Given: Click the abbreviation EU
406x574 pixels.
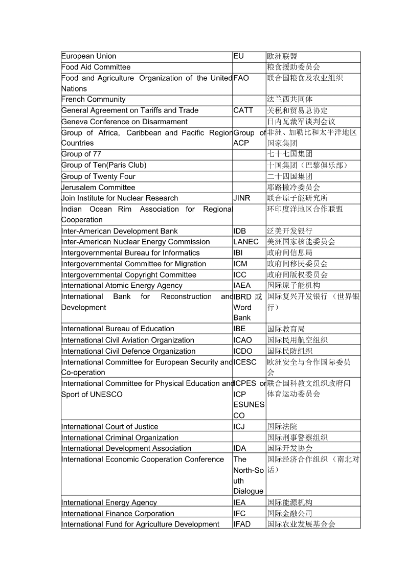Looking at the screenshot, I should tap(239, 56).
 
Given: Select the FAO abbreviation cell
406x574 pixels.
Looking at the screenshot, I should tap(241, 78).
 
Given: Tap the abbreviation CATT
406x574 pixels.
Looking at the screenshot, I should tap(243, 110).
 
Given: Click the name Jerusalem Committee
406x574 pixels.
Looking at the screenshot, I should tap(98, 188).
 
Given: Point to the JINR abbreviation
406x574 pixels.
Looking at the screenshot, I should tap(242, 198).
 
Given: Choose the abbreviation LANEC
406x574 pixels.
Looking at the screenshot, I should tap(246, 242).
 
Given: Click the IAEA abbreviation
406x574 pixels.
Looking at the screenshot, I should tap(242, 286).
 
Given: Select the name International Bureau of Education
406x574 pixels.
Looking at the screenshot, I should tap(118, 329).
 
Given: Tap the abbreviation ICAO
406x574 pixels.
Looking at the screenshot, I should tap(243, 340).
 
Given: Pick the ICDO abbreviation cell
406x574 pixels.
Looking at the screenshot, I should tap(243, 351).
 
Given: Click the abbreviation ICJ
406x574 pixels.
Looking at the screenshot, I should tap(240, 427).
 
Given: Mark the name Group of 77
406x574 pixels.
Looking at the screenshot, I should tap(81, 154).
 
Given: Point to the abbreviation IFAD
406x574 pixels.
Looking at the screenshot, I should tap(242, 524).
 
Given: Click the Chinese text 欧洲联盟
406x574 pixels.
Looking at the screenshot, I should tap(282, 56).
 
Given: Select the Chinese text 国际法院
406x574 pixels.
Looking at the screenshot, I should tap(282, 427).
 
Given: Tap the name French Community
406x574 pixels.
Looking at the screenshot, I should tap(93, 100).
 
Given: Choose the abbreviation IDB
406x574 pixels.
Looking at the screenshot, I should tap(240, 231).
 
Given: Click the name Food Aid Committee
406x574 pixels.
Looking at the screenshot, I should tap(96, 67).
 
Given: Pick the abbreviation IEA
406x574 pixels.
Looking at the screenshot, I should tap(240, 502).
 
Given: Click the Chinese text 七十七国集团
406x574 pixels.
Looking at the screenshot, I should tap(290, 154).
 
